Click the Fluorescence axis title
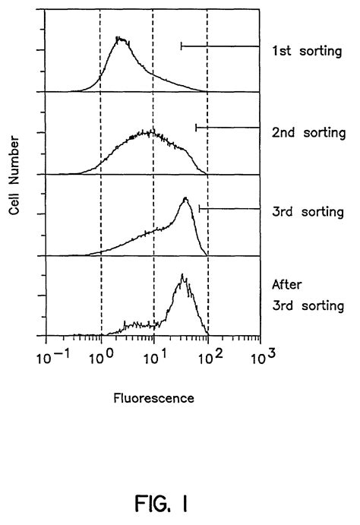coord(153,397)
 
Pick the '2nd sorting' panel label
coord(308,131)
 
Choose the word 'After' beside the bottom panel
coord(288,286)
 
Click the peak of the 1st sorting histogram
coord(118,37)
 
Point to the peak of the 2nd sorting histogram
coord(150,131)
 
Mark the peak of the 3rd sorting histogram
coord(185,198)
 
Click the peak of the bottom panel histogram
coord(182,276)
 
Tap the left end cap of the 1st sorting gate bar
coord(181,46)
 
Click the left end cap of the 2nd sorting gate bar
coord(196,128)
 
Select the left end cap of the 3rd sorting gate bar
coord(200,208)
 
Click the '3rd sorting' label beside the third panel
coord(308,212)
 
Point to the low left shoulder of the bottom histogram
coord(133,325)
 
